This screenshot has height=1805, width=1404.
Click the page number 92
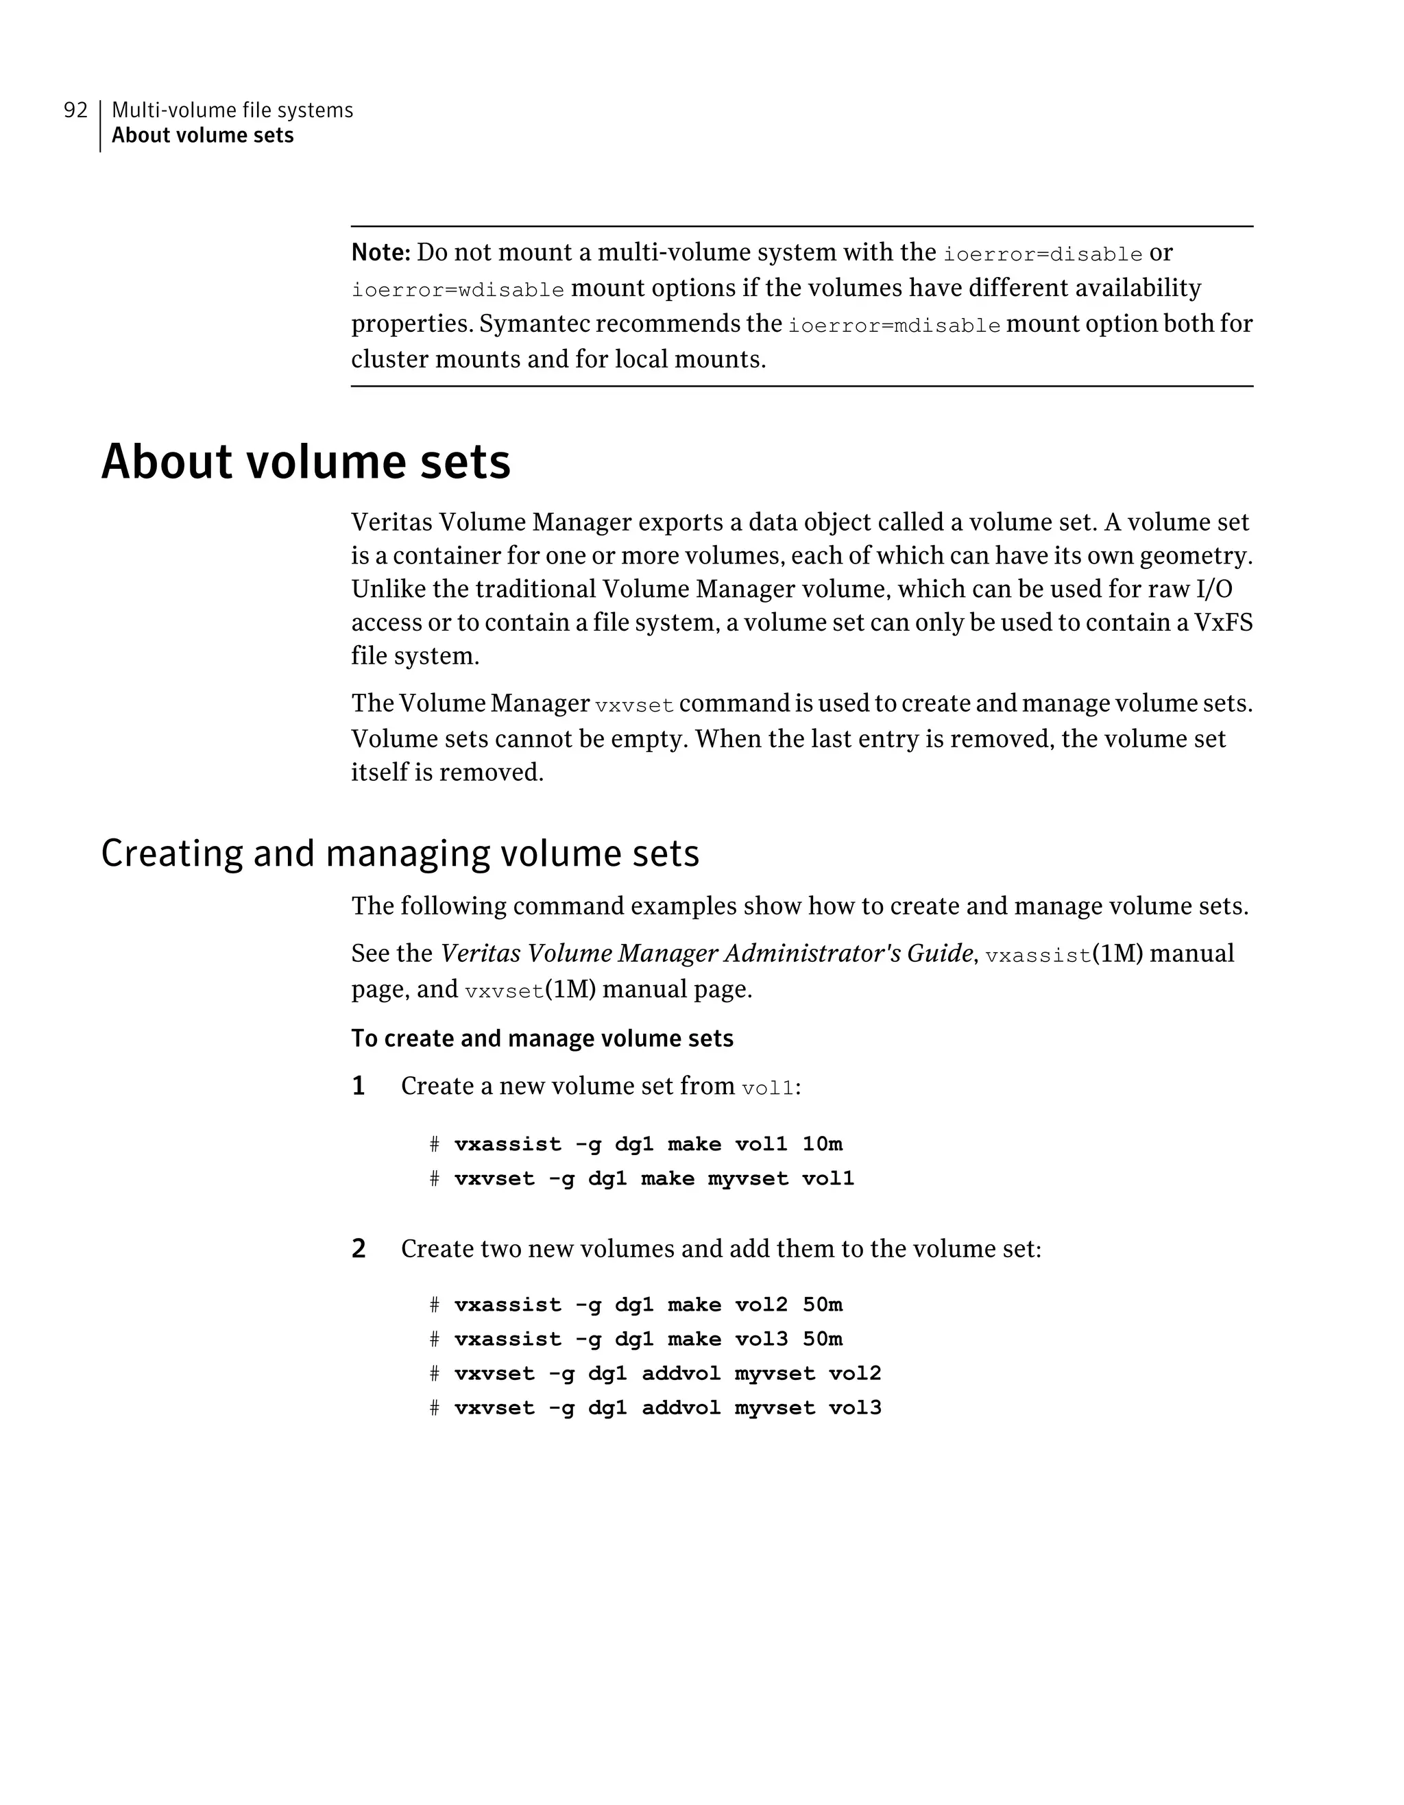pyautogui.click(x=75, y=110)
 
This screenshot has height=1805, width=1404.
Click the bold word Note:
pyautogui.click(x=380, y=252)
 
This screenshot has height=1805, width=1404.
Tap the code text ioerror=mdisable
pyautogui.click(x=893, y=325)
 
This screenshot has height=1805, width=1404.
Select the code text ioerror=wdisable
pyautogui.click(x=458, y=290)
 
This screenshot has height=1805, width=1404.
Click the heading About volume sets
pyautogui.click(x=306, y=461)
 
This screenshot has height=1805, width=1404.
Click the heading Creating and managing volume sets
pyautogui.click(x=400, y=853)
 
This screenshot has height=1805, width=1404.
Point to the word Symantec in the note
pyautogui.click(x=534, y=323)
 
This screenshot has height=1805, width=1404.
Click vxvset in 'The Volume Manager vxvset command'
pyautogui.click(x=634, y=705)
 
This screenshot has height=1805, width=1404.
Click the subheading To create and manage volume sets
pyautogui.click(x=542, y=1038)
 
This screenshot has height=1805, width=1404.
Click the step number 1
pyautogui.click(x=359, y=1086)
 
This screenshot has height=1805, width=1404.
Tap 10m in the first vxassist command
pyautogui.click(x=822, y=1144)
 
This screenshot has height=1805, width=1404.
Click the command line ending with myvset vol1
pyautogui.click(x=653, y=1178)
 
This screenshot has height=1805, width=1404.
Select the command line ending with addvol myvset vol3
pyautogui.click(x=667, y=1407)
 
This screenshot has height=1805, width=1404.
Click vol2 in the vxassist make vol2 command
pyautogui.click(x=761, y=1305)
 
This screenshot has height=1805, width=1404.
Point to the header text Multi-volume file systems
pyautogui.click(x=232, y=110)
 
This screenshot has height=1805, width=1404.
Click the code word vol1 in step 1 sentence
pyautogui.click(x=768, y=1089)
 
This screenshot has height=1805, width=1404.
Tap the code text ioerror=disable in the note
pyautogui.click(x=1043, y=254)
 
